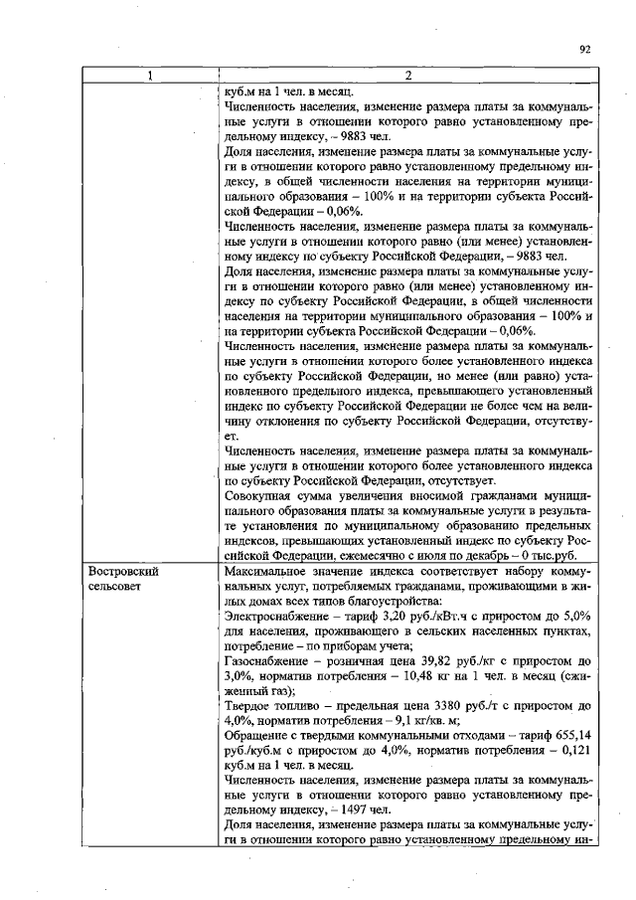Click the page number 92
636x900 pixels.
tap(584, 47)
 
